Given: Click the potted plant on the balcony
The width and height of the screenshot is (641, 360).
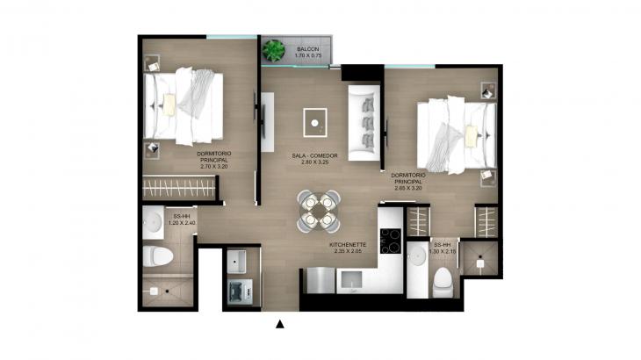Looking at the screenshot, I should click(x=275, y=49).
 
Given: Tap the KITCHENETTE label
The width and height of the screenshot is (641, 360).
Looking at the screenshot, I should click(x=348, y=246).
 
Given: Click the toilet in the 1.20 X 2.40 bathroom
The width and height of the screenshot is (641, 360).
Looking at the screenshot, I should click(x=158, y=257).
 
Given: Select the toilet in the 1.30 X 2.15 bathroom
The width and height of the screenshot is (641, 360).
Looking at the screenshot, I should click(x=442, y=280).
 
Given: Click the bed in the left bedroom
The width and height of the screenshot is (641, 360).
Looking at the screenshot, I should click(x=189, y=106).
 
